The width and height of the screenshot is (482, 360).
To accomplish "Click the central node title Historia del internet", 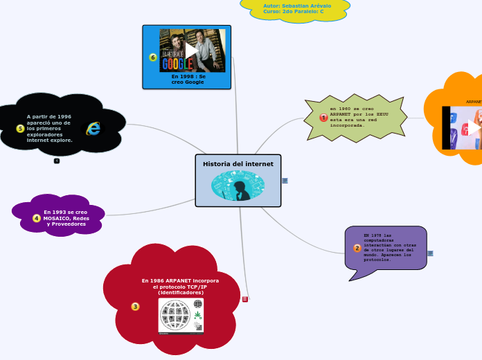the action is pyautogui.click(x=238, y=164).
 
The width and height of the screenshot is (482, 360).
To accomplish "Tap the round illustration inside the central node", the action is pyautogui.click(x=238, y=186).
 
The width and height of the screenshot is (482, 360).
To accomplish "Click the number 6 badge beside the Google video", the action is pyautogui.click(x=153, y=57).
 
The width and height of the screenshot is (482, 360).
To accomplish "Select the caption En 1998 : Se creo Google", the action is pyautogui.click(x=188, y=79).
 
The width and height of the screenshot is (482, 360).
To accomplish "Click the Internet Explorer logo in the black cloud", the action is pyautogui.click(x=93, y=129).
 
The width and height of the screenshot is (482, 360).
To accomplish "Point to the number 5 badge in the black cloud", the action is pyautogui.click(x=20, y=129).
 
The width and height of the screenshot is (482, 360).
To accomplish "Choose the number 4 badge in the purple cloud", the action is pyautogui.click(x=37, y=218).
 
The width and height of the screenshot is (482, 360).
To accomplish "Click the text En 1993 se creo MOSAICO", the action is pyautogui.click(x=66, y=218).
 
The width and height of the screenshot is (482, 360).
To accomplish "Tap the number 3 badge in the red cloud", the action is pyautogui.click(x=135, y=306).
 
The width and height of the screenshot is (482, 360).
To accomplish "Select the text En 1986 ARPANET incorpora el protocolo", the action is pyautogui.click(x=180, y=287).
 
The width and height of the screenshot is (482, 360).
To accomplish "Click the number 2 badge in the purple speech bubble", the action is pyautogui.click(x=357, y=248).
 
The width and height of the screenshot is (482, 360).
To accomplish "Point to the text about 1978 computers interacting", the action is pyautogui.click(x=390, y=248).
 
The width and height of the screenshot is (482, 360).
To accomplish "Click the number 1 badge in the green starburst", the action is pyautogui.click(x=323, y=118).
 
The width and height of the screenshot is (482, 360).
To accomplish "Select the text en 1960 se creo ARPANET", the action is pyautogui.click(x=353, y=117).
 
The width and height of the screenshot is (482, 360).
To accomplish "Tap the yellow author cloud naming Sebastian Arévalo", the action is pyautogui.click(x=294, y=9).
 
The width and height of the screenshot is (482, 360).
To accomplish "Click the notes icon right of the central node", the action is pyautogui.click(x=285, y=181).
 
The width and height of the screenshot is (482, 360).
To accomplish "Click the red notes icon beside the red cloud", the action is pyautogui.click(x=245, y=298).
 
